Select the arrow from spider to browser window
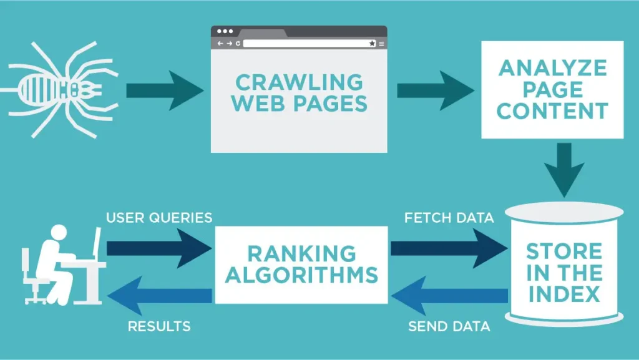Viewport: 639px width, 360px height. (x=164, y=90)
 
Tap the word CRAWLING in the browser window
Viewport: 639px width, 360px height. (x=299, y=82)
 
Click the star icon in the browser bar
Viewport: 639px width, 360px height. (x=373, y=44)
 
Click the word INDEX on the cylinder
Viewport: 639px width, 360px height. (x=564, y=293)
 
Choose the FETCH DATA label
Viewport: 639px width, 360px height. (x=449, y=218)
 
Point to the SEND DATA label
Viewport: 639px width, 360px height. (x=449, y=326)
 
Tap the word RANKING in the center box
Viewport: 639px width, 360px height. (x=301, y=253)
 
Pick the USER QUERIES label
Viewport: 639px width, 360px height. (x=159, y=218)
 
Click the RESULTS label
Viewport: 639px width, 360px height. (x=159, y=326)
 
